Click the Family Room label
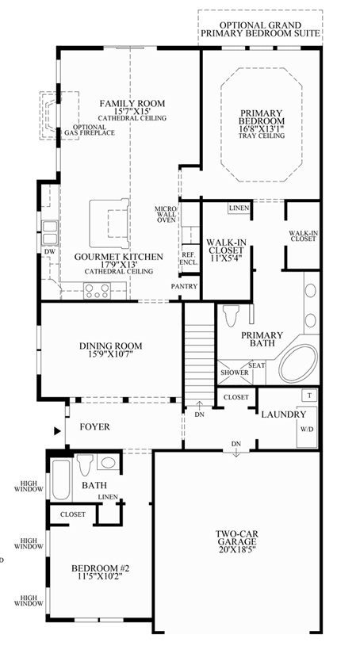(132, 103)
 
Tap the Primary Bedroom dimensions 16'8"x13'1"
(262, 128)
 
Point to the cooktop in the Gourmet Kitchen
(97, 291)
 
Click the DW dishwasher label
(50, 251)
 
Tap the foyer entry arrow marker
(57, 431)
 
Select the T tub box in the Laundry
(309, 396)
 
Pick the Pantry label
(185, 286)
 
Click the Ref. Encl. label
(190, 258)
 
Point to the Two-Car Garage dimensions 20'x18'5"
(236, 549)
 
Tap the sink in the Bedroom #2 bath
(109, 462)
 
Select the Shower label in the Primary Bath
(235, 373)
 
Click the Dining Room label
(110, 346)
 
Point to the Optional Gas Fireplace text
(89, 130)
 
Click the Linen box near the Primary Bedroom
(239, 208)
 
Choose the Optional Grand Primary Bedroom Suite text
(261, 29)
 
